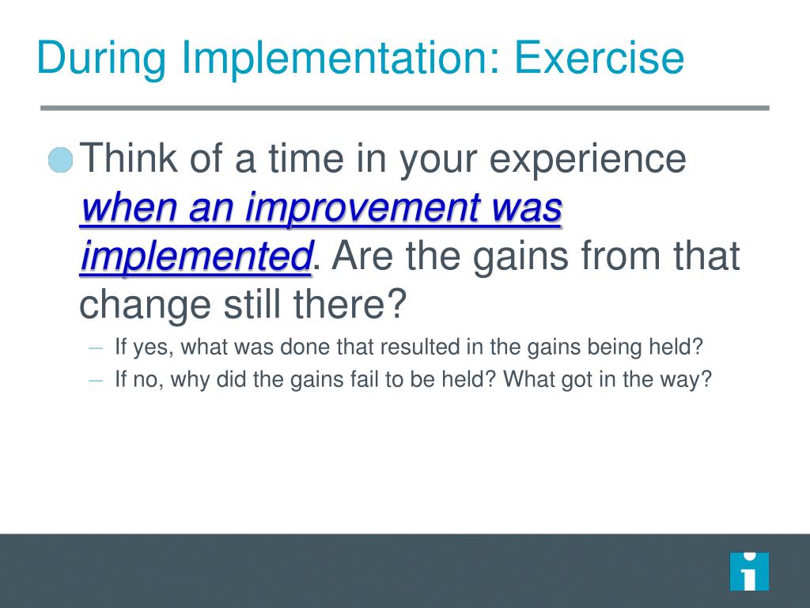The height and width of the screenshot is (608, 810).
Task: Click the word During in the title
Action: click(101, 59)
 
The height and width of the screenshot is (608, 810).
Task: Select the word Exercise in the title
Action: click(600, 57)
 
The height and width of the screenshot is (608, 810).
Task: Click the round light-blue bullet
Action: click(60, 160)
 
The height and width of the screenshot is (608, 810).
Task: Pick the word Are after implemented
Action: click(362, 256)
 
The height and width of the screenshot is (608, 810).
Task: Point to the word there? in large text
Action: click(350, 303)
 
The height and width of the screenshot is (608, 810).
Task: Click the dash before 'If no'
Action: click(96, 381)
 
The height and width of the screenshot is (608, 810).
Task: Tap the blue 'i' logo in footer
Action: click(749, 572)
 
